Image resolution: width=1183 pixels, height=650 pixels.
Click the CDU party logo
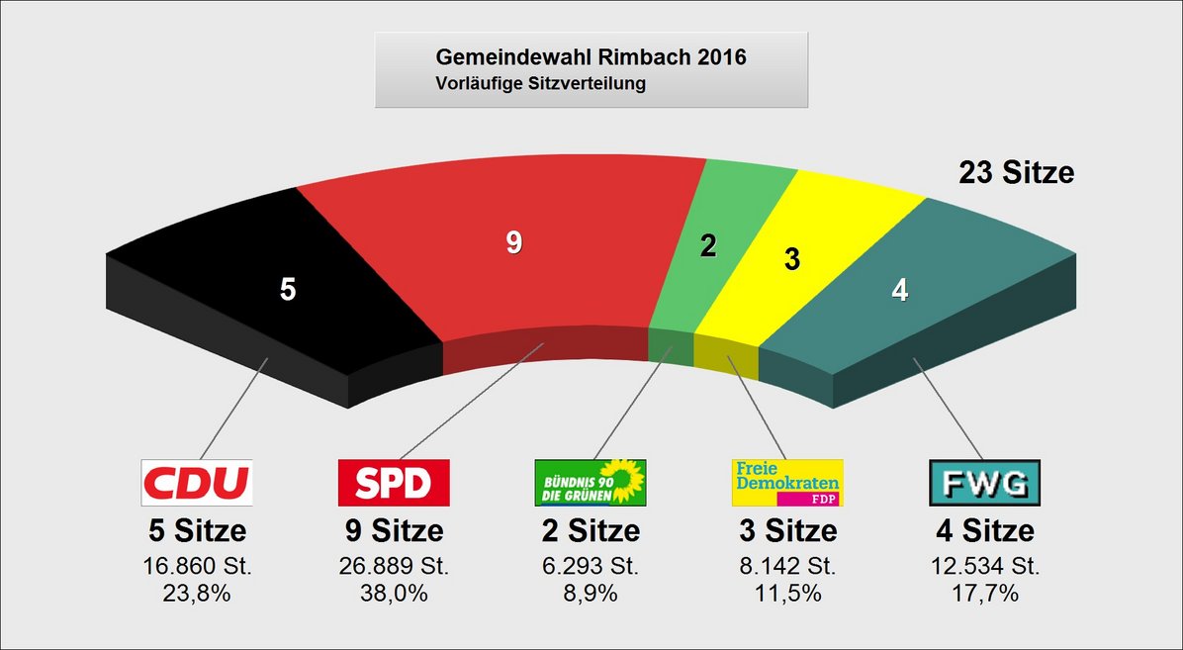click(x=197, y=483)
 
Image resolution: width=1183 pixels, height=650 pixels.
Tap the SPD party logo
click(x=394, y=483)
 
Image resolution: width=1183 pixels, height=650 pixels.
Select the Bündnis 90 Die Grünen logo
click(x=591, y=483)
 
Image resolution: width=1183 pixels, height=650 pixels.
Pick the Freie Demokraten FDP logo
click(x=787, y=483)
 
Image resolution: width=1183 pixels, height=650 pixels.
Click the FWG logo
click(x=984, y=483)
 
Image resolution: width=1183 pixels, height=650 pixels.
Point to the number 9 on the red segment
click(x=513, y=242)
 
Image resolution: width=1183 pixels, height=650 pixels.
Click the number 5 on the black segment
click(x=288, y=290)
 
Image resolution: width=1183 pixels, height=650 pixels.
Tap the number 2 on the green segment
click(x=708, y=246)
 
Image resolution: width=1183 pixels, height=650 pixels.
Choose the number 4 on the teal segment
click(x=900, y=291)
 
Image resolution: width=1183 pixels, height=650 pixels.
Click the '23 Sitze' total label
click(x=1016, y=173)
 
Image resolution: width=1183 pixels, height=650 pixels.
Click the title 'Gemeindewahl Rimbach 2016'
click(x=591, y=57)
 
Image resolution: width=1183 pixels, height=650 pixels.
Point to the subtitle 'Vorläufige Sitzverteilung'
click(x=540, y=84)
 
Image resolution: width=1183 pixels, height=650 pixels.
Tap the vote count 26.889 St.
click(x=394, y=568)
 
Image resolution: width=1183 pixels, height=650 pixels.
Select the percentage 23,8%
click(x=197, y=594)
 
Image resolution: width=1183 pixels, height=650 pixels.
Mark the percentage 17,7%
click(x=984, y=594)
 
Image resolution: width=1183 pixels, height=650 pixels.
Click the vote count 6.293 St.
click(x=591, y=568)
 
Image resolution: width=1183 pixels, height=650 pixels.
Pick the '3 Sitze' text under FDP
click(x=787, y=531)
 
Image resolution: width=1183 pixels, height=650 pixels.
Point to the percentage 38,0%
click(x=394, y=594)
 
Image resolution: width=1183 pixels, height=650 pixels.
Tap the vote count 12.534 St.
click(x=984, y=568)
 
